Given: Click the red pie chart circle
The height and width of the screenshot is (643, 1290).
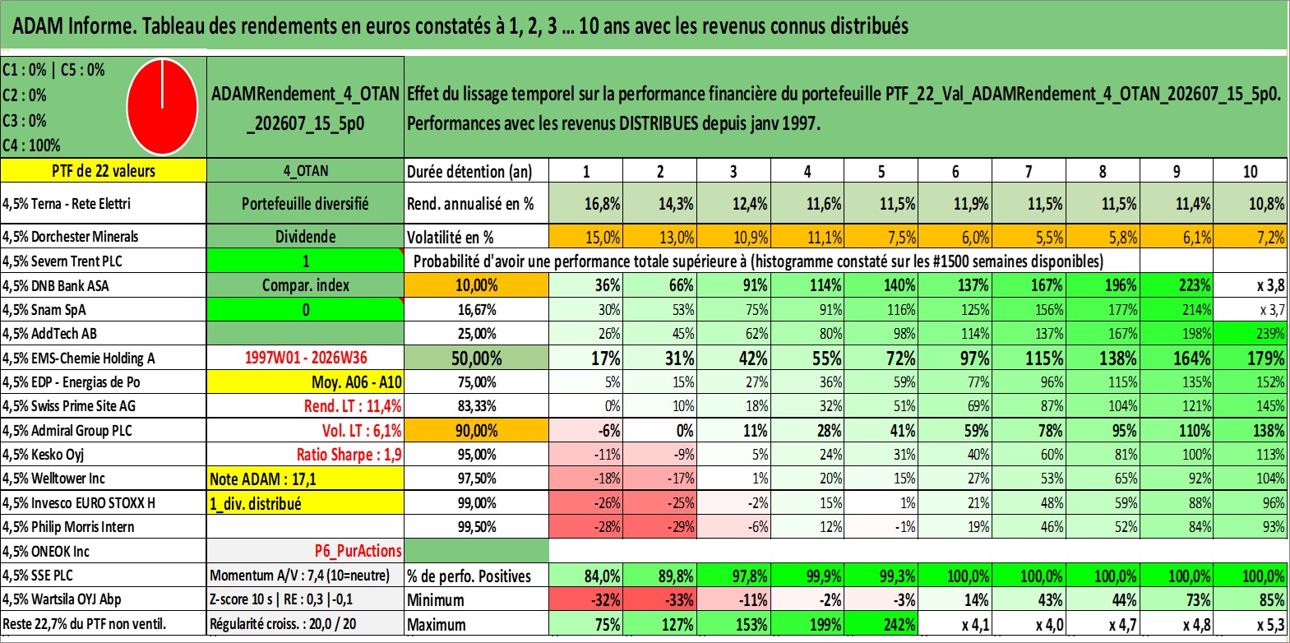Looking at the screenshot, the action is [163, 107].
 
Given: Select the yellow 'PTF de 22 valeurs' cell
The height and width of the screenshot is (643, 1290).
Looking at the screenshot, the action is [103, 170].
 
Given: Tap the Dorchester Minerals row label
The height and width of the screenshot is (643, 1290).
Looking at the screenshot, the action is [70, 236].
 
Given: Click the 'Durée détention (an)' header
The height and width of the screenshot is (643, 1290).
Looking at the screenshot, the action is [469, 171].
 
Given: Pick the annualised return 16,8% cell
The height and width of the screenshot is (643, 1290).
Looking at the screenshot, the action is [585, 203].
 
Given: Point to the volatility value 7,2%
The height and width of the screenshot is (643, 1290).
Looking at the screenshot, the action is [1251, 237].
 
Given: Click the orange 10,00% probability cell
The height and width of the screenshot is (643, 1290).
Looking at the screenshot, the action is [476, 285].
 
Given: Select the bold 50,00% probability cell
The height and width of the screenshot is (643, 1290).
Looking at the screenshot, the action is [476, 358].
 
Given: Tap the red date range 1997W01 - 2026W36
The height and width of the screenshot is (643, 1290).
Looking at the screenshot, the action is [306, 358].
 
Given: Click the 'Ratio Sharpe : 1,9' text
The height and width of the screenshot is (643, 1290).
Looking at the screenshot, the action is [349, 455].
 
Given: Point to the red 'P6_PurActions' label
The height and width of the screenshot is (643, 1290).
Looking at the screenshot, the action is [358, 551].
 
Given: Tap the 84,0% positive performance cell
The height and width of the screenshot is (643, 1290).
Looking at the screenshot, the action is [585, 576].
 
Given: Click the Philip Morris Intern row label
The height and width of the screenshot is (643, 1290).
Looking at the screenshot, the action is [68, 526].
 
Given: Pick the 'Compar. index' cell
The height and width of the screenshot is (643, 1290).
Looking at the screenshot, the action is [305, 285].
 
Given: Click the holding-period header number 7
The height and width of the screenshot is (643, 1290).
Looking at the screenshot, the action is [1029, 171].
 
